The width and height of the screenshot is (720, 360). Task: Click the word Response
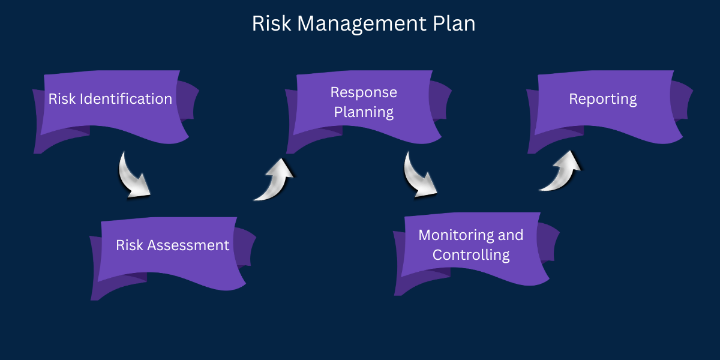[x=364, y=92]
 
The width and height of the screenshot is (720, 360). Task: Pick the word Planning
[x=364, y=112]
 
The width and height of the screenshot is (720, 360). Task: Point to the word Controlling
[x=471, y=254]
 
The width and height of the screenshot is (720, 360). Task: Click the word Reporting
[x=603, y=98]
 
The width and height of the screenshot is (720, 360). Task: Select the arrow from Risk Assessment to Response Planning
[x=274, y=179]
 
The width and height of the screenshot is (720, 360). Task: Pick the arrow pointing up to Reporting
[x=561, y=171]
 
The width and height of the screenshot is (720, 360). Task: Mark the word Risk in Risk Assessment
[x=129, y=245]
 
